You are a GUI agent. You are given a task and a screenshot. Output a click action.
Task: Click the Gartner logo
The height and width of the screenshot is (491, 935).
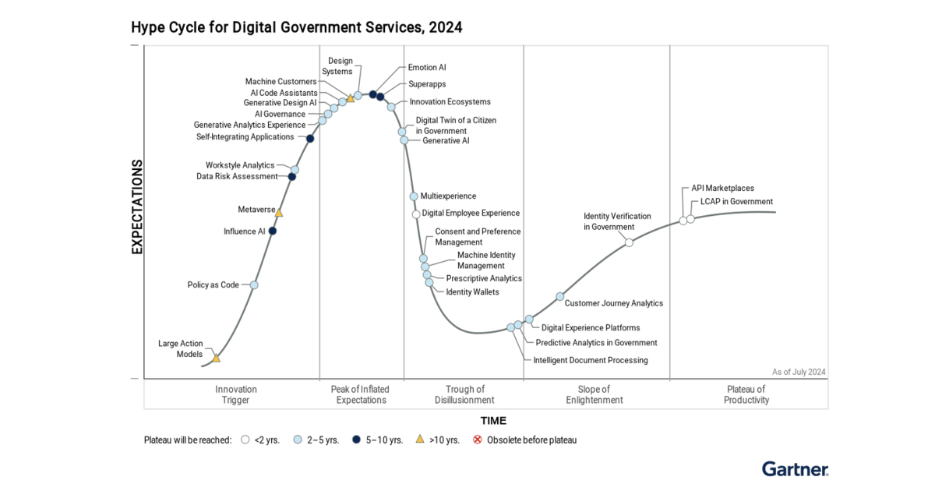795,468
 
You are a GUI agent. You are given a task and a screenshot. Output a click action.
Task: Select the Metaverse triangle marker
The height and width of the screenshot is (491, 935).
279,212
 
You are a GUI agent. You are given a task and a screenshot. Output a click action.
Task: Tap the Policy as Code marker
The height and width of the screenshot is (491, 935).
253,285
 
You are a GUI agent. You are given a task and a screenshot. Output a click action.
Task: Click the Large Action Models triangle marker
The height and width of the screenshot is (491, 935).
217,358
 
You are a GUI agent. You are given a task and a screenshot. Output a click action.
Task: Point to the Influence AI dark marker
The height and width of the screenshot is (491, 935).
273,231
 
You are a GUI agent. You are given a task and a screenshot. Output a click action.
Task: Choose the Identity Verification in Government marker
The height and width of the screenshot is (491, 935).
629,242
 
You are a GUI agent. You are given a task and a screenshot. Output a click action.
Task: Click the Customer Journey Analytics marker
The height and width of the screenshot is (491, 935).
559,296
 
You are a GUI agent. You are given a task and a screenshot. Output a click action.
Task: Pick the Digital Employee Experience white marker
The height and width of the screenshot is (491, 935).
416,214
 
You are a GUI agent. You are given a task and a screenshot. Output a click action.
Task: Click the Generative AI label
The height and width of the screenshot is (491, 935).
446,141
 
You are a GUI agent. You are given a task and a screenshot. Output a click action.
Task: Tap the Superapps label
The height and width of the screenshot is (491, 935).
427,84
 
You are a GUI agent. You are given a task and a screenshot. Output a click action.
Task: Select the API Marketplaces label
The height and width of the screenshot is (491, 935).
722,188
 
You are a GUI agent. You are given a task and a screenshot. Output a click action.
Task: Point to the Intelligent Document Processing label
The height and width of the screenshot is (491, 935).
590,360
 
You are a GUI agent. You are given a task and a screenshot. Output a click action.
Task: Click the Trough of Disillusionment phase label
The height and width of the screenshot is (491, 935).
464,394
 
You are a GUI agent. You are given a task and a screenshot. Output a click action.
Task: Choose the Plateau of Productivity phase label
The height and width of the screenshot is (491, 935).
746,394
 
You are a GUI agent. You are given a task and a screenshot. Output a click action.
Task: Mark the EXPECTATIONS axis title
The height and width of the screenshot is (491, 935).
137,207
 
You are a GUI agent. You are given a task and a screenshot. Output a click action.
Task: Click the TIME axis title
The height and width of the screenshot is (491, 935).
493,420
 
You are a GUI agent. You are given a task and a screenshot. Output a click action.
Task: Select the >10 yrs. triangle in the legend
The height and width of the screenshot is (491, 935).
420,440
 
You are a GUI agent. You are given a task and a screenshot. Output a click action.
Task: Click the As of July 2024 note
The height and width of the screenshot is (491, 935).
799,372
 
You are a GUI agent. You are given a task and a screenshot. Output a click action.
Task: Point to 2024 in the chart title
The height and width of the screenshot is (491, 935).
445,28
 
